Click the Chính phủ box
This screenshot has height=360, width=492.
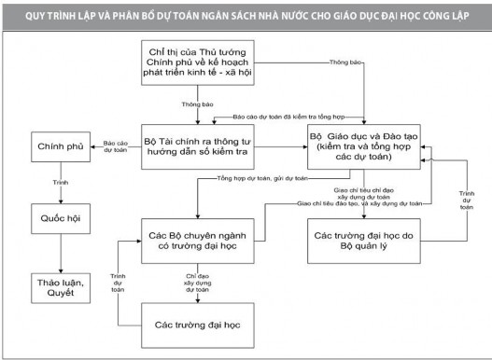pos(54,147)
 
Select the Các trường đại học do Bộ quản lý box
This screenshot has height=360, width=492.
pos(365,237)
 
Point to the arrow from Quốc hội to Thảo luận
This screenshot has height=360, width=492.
pos(53,254)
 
